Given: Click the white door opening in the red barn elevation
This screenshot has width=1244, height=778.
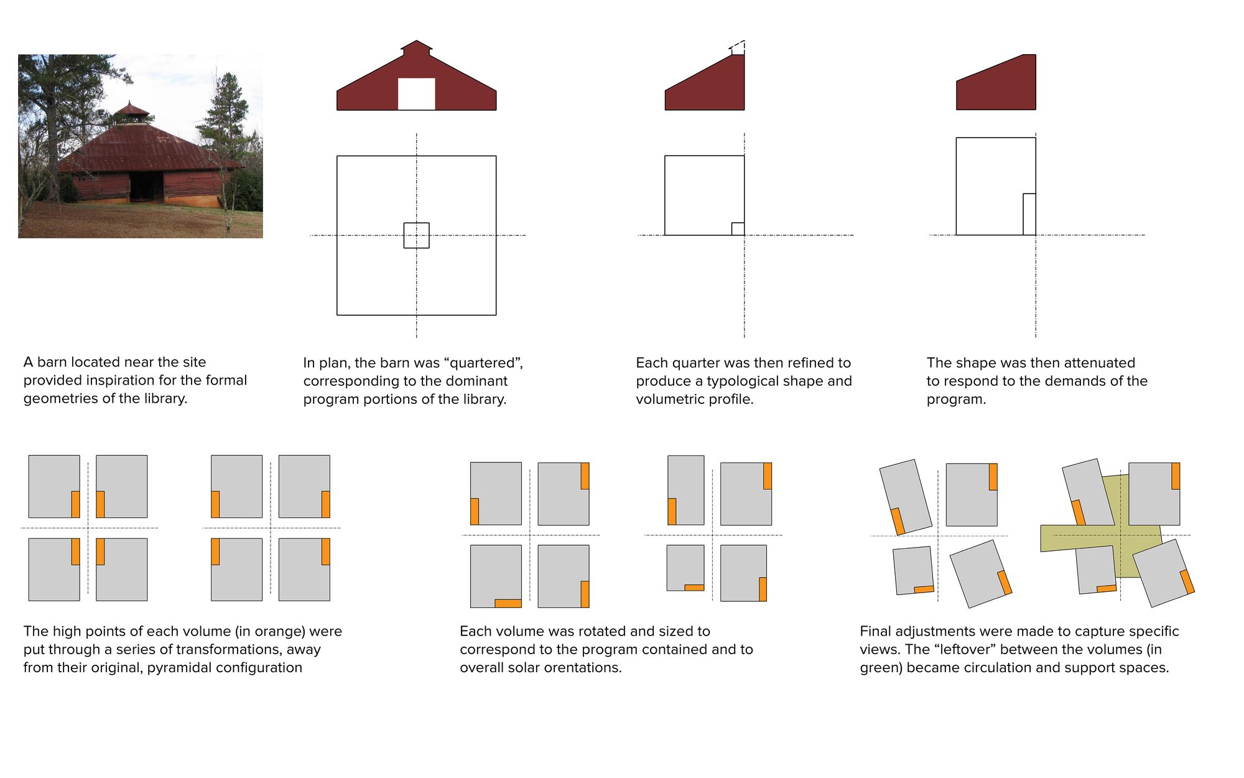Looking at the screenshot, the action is point(416,94).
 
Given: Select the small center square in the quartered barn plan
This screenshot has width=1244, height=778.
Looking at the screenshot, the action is point(416,235).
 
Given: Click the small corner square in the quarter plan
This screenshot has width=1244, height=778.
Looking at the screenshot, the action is point(738,228).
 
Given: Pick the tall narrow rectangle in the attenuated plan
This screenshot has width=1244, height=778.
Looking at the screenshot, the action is point(1029,214).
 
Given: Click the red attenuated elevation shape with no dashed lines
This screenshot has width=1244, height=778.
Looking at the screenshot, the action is point(996,82).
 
